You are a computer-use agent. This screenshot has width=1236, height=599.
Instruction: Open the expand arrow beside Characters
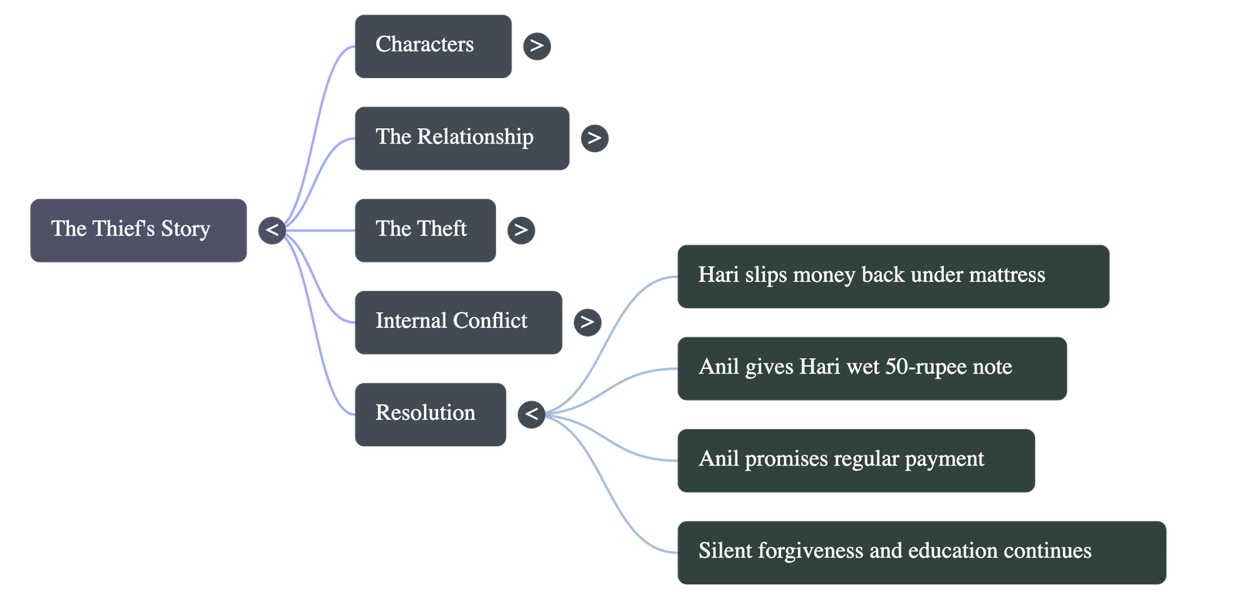tap(537, 46)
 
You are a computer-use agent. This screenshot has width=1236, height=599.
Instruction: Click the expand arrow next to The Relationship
tap(594, 138)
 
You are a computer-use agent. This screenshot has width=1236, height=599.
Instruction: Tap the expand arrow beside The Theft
tap(521, 230)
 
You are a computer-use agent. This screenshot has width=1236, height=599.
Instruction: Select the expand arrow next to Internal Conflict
tap(587, 322)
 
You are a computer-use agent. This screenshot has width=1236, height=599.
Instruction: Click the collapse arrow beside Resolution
tap(531, 415)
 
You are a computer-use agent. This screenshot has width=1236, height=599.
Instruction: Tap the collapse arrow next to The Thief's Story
tap(272, 230)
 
